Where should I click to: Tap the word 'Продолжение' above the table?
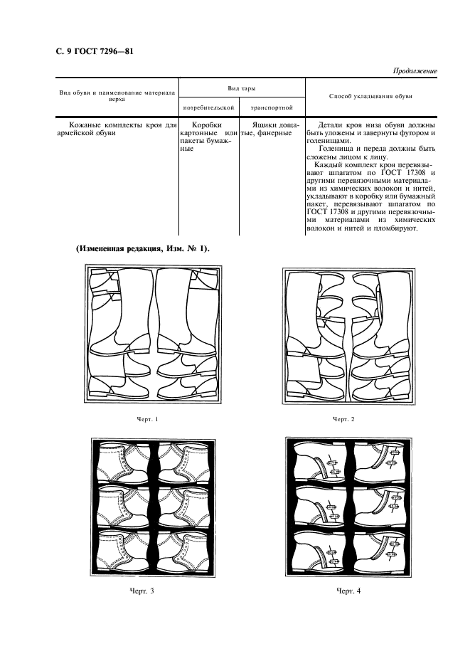click(x=415, y=72)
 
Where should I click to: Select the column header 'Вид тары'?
click(x=242, y=87)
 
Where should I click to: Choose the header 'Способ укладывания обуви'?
click(x=371, y=95)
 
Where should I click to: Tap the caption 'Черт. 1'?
click(x=149, y=418)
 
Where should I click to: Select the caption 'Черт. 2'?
click(x=343, y=418)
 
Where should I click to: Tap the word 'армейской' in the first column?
click(x=76, y=132)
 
